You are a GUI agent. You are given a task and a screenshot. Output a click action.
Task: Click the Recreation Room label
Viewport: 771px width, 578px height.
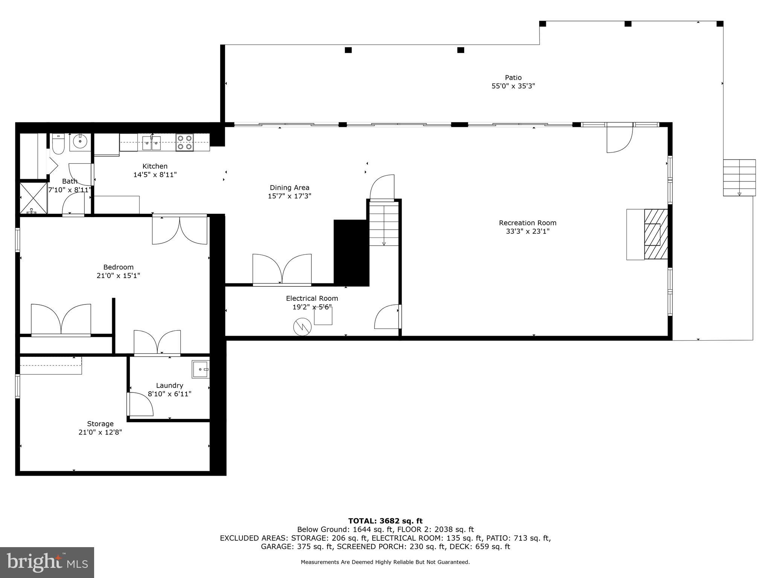(x=527, y=223)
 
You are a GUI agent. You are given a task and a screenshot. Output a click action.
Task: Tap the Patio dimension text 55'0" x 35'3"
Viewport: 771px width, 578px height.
(x=513, y=86)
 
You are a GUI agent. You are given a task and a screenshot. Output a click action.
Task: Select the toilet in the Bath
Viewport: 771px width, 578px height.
(x=58, y=144)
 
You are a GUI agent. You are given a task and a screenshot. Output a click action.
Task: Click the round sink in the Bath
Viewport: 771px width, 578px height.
(x=80, y=142)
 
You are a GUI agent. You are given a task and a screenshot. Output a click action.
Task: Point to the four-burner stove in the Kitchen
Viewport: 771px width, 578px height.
(x=184, y=143)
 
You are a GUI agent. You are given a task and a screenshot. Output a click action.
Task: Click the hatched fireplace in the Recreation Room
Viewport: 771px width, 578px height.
(x=656, y=234)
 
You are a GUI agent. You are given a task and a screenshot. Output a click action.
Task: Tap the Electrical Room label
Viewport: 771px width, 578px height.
(x=312, y=298)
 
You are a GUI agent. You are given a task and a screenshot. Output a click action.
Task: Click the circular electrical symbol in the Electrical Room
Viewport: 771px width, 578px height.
(x=302, y=327)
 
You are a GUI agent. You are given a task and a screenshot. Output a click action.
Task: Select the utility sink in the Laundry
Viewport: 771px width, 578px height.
(x=200, y=369)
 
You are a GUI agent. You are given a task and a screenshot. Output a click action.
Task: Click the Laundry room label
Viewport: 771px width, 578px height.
(x=169, y=385)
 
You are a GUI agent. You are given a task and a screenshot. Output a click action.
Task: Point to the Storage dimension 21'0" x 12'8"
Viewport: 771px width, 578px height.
(x=100, y=432)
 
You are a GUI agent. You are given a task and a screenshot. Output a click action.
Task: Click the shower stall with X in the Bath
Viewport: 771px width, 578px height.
(x=33, y=198)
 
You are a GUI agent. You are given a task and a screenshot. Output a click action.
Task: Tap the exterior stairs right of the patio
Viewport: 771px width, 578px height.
(x=739, y=178)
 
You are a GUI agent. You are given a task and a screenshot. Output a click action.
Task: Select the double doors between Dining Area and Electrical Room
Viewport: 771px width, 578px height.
(x=282, y=269)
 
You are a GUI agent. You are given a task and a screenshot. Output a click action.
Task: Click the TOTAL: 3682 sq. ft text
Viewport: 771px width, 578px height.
(x=385, y=521)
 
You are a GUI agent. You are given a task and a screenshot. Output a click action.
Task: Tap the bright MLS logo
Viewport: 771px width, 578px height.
(x=47, y=562)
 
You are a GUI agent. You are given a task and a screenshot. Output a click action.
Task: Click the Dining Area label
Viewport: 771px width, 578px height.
(x=289, y=187)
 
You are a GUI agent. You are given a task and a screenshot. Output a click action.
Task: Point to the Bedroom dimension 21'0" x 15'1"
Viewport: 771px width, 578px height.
(x=118, y=275)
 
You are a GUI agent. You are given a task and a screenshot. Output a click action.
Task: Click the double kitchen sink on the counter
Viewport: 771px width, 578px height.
(x=151, y=143)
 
